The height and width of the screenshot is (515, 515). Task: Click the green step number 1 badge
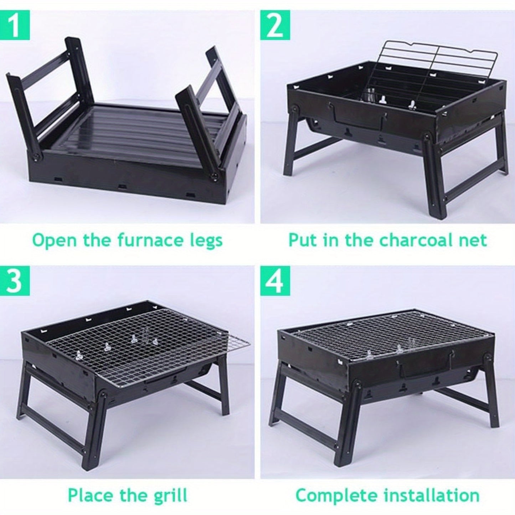click(x=15, y=25)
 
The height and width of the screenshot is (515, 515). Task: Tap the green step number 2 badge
click(x=275, y=25)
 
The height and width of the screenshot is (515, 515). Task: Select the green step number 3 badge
click(x=15, y=281)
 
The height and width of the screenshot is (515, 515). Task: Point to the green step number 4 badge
click(x=275, y=281)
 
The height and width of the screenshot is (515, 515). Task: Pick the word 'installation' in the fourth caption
click(x=431, y=488)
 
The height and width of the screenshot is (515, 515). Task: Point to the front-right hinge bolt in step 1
click(x=214, y=176)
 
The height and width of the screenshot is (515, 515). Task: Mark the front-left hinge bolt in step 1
click(x=36, y=158)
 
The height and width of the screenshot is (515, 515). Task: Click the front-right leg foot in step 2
click(x=438, y=214)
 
